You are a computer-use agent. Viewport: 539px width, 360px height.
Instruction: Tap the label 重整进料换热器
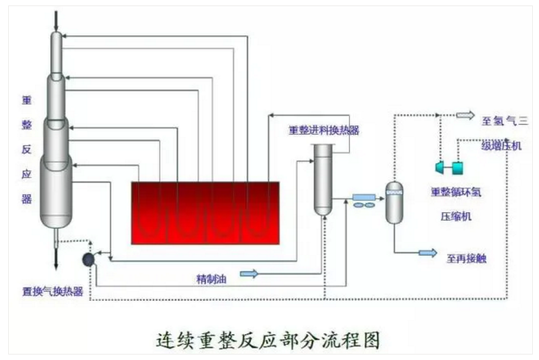(x=324, y=130)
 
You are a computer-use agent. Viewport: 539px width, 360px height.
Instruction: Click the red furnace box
(x=205, y=212)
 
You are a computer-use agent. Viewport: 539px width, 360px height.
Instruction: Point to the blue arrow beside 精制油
(x=248, y=274)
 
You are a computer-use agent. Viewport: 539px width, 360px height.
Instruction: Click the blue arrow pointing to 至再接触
(x=428, y=253)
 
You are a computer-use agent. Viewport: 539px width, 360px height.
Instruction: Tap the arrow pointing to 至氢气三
(x=465, y=116)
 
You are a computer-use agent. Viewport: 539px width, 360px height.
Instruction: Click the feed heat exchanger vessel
(x=323, y=180)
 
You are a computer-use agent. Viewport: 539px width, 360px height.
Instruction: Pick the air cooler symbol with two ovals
(x=363, y=201)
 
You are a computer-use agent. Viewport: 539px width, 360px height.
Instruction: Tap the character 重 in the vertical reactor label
(x=27, y=100)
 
